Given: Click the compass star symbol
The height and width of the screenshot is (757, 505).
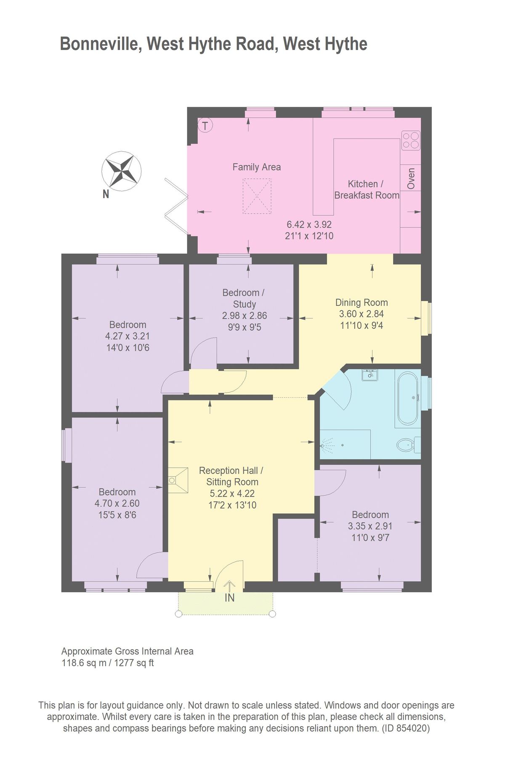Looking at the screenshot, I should click(x=121, y=171).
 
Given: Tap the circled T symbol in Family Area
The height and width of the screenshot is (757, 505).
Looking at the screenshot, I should click(x=205, y=125).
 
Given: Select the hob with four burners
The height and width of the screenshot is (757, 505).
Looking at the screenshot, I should click(x=410, y=140).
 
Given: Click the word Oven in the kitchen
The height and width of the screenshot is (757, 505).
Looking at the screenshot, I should click(x=411, y=178).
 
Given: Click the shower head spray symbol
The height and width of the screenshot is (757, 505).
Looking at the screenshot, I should click(x=327, y=444).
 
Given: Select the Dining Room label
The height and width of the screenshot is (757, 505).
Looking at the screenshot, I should click(x=361, y=302).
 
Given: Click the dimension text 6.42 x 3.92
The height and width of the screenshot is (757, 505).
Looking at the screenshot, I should click(x=309, y=225).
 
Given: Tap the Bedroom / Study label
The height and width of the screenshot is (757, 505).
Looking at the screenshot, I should click(x=244, y=298).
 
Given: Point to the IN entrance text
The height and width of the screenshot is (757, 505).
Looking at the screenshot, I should click(x=229, y=598).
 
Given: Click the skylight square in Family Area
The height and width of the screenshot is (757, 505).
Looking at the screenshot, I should click(x=257, y=196).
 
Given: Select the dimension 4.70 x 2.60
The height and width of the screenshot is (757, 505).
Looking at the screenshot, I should click(x=117, y=503).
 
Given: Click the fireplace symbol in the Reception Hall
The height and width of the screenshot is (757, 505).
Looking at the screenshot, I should click(x=177, y=480).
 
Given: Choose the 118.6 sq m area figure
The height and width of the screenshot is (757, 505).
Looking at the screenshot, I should click(x=84, y=663).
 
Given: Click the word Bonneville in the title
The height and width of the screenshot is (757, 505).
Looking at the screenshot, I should click(x=100, y=44).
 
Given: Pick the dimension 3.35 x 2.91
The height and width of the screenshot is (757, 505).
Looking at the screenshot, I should click(x=370, y=526).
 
